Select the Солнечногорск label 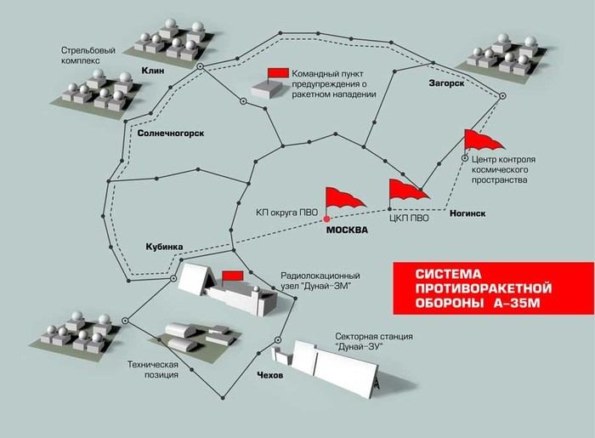pos(170,134)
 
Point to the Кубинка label pos(159,247)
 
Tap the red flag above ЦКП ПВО pos(405,191)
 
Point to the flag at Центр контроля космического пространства pos(482,141)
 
